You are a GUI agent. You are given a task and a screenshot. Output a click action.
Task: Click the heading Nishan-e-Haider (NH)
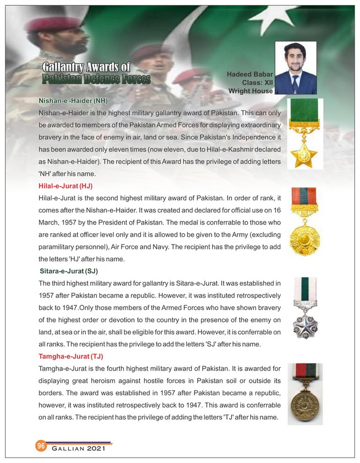click(73, 101)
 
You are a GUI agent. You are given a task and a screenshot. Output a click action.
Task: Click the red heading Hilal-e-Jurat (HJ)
click(65, 187)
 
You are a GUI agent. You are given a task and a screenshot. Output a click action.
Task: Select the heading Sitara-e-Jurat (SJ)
click(69, 271)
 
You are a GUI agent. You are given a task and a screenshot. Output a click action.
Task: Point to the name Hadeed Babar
click(250, 74)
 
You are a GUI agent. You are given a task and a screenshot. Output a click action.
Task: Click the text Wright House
click(251, 91)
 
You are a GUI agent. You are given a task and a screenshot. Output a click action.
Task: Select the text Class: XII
click(257, 82)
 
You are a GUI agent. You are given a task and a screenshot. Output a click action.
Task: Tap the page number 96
click(41, 445)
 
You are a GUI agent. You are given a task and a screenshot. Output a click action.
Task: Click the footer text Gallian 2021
click(78, 450)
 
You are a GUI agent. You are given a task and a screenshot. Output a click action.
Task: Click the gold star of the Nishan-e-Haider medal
click(304, 157)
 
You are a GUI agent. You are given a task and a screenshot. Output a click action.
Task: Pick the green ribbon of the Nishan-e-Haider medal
click(304, 120)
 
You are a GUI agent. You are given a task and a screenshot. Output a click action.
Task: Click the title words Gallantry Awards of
click(86, 68)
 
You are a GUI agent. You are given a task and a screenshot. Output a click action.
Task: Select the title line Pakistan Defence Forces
click(96, 80)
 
